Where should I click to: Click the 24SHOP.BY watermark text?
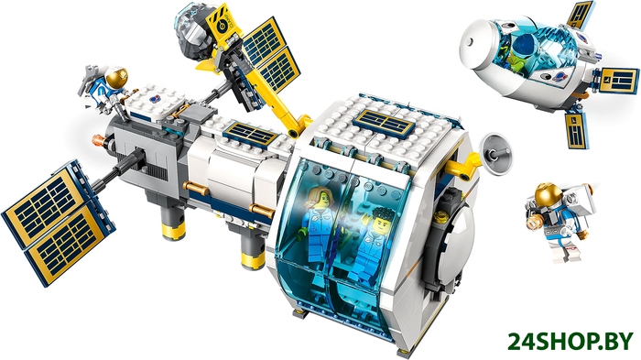(571, 342)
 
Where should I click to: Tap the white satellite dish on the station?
(496, 152)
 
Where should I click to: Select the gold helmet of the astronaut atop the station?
(116, 77)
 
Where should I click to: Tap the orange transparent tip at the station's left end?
(99, 140)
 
